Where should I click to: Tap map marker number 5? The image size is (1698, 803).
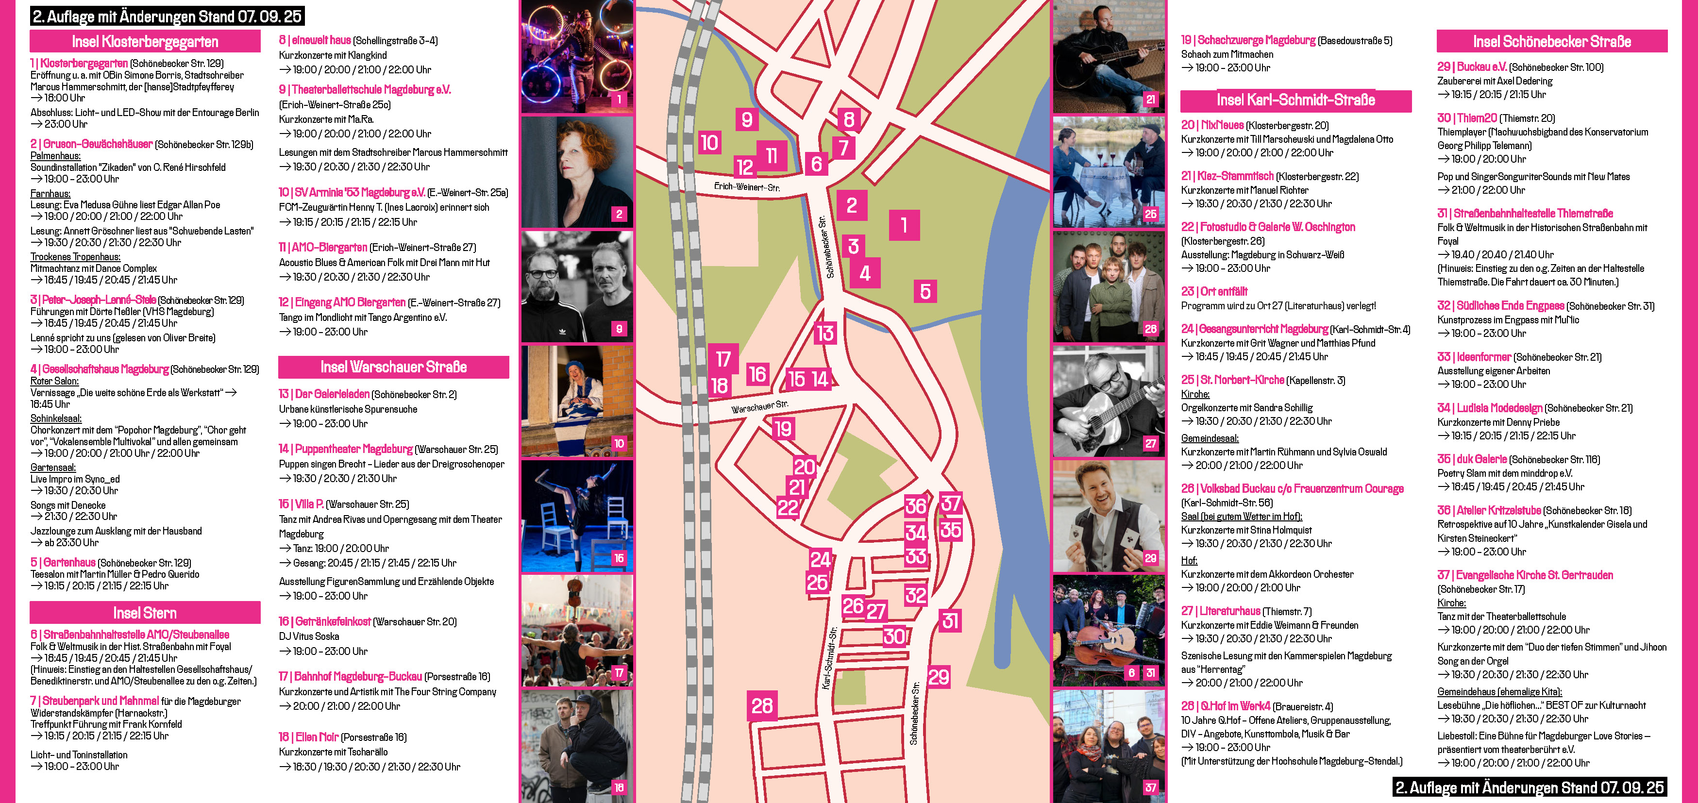point(925,291)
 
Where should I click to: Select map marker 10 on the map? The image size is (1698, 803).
point(709,142)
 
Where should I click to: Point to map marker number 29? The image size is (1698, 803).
point(939,676)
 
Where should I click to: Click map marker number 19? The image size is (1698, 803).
point(783,429)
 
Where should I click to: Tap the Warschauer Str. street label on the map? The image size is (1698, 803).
point(759,406)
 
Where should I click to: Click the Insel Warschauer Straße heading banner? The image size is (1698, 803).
point(393,367)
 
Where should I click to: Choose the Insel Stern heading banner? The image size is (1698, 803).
point(145,613)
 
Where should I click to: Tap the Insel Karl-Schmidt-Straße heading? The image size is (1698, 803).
point(1295,100)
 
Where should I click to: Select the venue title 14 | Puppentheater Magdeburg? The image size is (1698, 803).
point(346,449)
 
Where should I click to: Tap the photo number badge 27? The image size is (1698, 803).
point(1150,443)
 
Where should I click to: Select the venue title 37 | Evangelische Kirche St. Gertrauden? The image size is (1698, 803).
point(1525,575)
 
